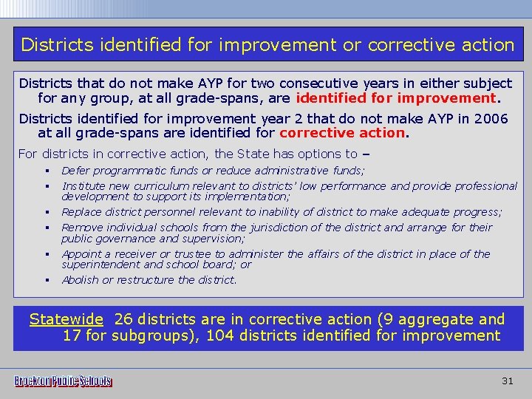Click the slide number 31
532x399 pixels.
coord(507,381)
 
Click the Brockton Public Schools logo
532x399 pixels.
coord(64,381)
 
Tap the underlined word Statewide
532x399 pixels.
coord(66,319)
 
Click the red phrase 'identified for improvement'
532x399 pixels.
coord(396,98)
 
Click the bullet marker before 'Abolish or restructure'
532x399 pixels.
coord(45,280)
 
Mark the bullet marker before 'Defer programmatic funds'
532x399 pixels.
coord(45,171)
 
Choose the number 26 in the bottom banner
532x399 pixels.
coord(123,319)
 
